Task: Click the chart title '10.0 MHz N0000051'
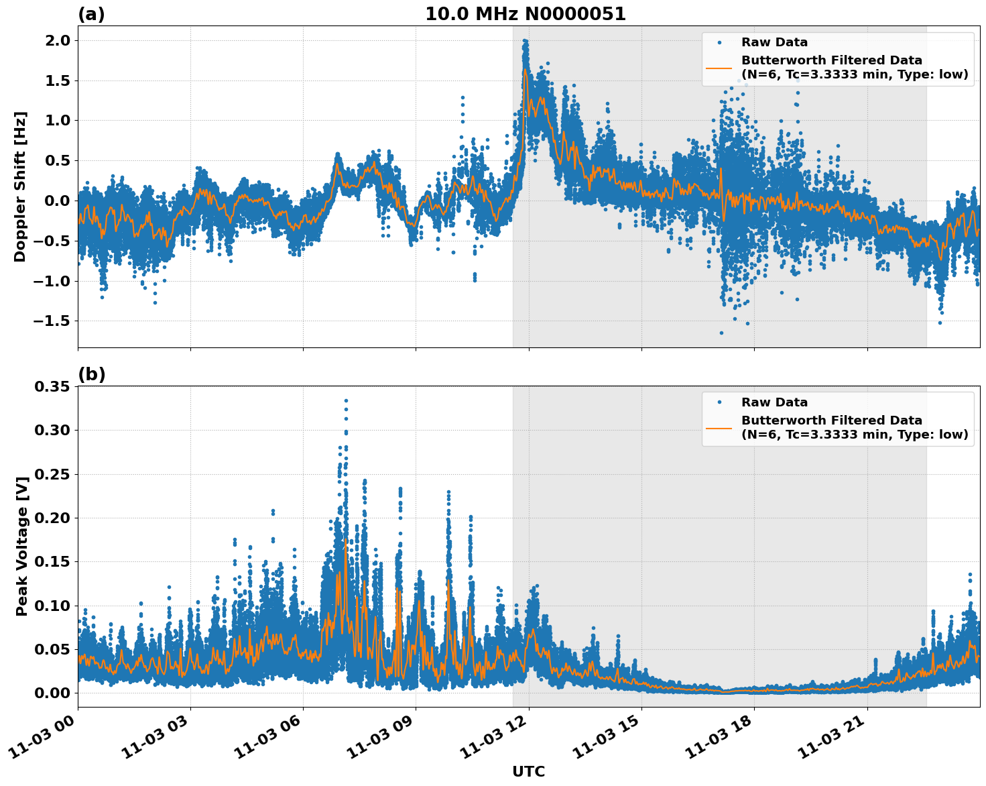pyautogui.click(x=525, y=14)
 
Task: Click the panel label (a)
pyautogui.click(x=91, y=14)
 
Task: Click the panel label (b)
pyautogui.click(x=91, y=374)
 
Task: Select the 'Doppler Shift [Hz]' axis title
pyautogui.click(x=20, y=186)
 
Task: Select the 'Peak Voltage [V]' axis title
pyautogui.click(x=22, y=547)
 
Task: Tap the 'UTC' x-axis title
pyautogui.click(x=528, y=771)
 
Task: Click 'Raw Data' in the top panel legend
pyautogui.click(x=774, y=42)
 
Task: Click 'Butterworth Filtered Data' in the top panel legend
pyautogui.click(x=831, y=60)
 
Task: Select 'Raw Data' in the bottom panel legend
pyautogui.click(x=774, y=402)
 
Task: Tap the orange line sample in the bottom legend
pyautogui.click(x=719, y=427)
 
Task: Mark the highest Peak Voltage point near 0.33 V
pyautogui.click(x=346, y=400)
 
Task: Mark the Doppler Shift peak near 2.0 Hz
pyautogui.click(x=525, y=41)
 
